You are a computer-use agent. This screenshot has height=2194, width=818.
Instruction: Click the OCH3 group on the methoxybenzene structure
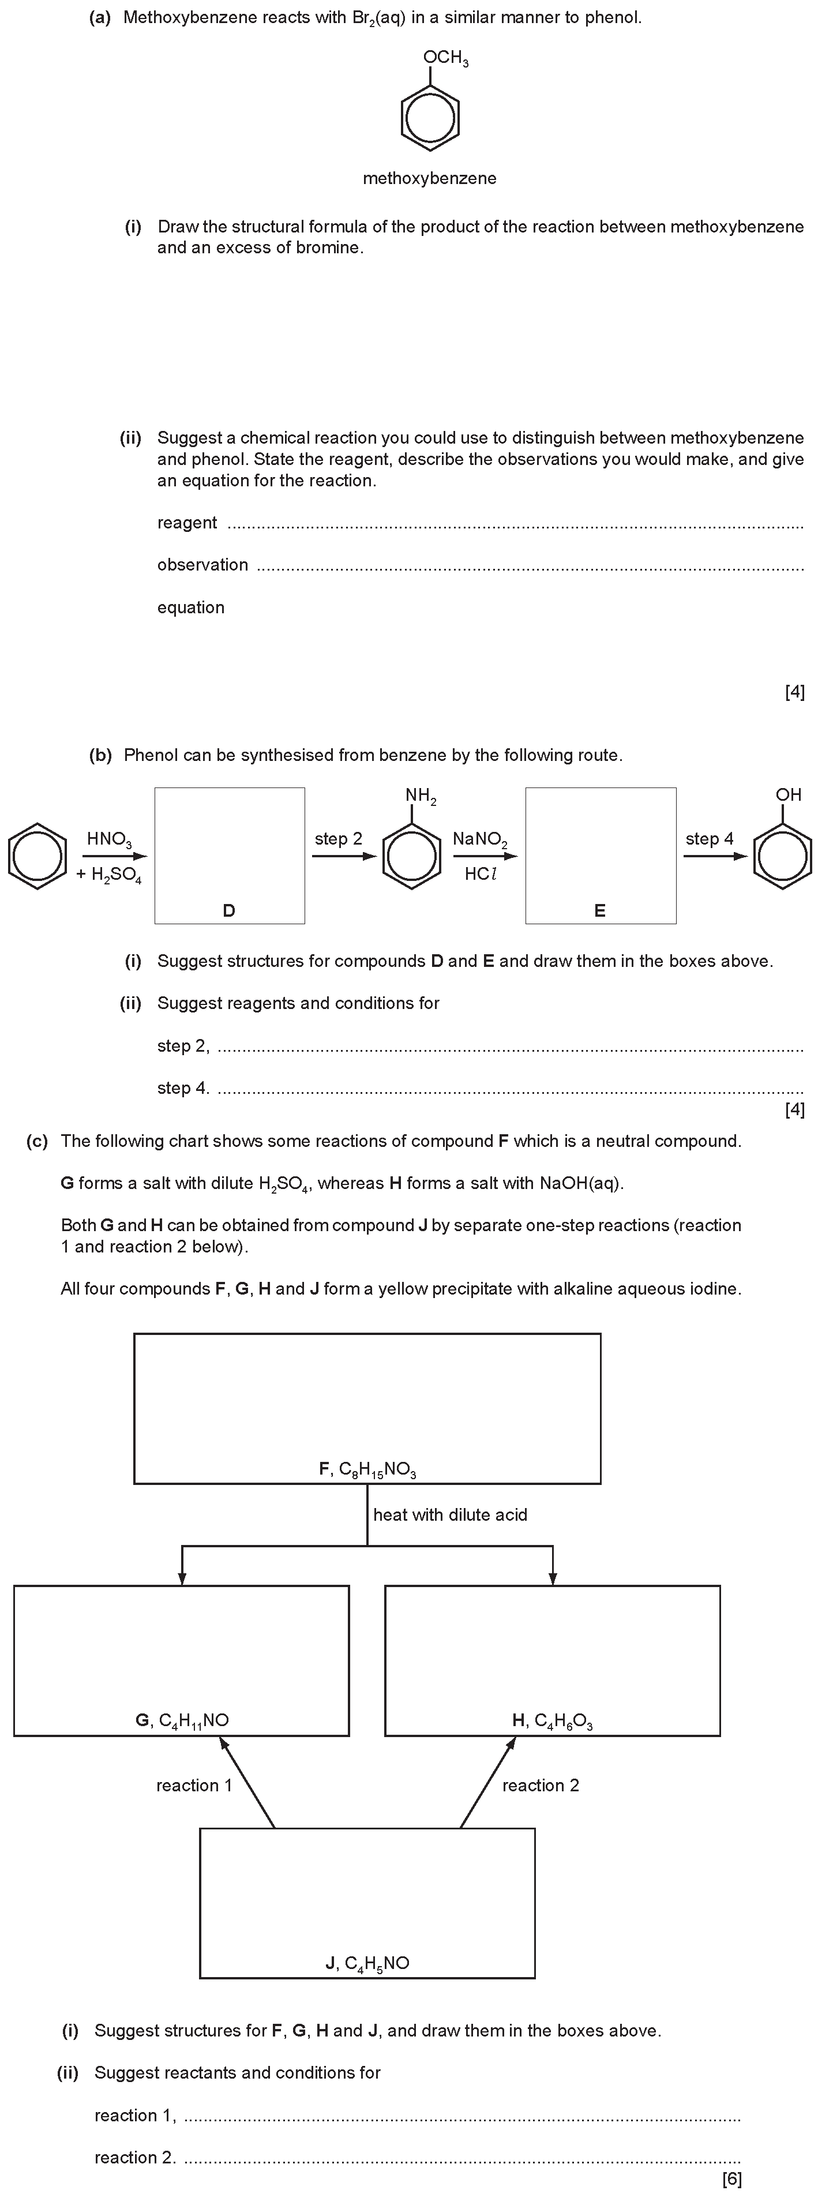(446, 58)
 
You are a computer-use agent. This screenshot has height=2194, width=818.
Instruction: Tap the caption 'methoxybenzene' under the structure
(429, 178)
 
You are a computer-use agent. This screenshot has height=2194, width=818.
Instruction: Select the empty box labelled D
(229, 855)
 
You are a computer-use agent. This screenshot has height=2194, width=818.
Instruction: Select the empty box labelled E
(601, 855)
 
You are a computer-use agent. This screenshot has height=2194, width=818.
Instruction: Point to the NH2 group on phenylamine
(421, 796)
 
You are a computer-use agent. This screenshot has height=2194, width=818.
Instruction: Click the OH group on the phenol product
(788, 794)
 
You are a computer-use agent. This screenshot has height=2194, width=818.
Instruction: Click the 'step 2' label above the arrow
(338, 839)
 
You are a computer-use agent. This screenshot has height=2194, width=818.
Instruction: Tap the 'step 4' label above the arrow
(709, 839)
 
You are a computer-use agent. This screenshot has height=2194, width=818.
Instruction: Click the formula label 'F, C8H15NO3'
(367, 1469)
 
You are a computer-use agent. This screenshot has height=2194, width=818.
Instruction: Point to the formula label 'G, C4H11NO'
(182, 1720)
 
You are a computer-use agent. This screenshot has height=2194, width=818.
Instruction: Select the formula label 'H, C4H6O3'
(552, 1720)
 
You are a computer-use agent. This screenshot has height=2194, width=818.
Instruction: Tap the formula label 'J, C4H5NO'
(367, 1964)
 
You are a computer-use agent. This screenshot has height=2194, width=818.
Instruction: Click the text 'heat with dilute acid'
(450, 1514)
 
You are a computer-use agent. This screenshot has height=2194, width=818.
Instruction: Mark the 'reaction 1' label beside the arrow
(194, 1785)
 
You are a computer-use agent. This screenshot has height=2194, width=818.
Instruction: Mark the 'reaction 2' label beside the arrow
(540, 1785)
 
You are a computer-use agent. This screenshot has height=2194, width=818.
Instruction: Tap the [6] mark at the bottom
(731, 2178)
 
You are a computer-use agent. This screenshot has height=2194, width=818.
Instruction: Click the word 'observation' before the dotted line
(203, 565)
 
